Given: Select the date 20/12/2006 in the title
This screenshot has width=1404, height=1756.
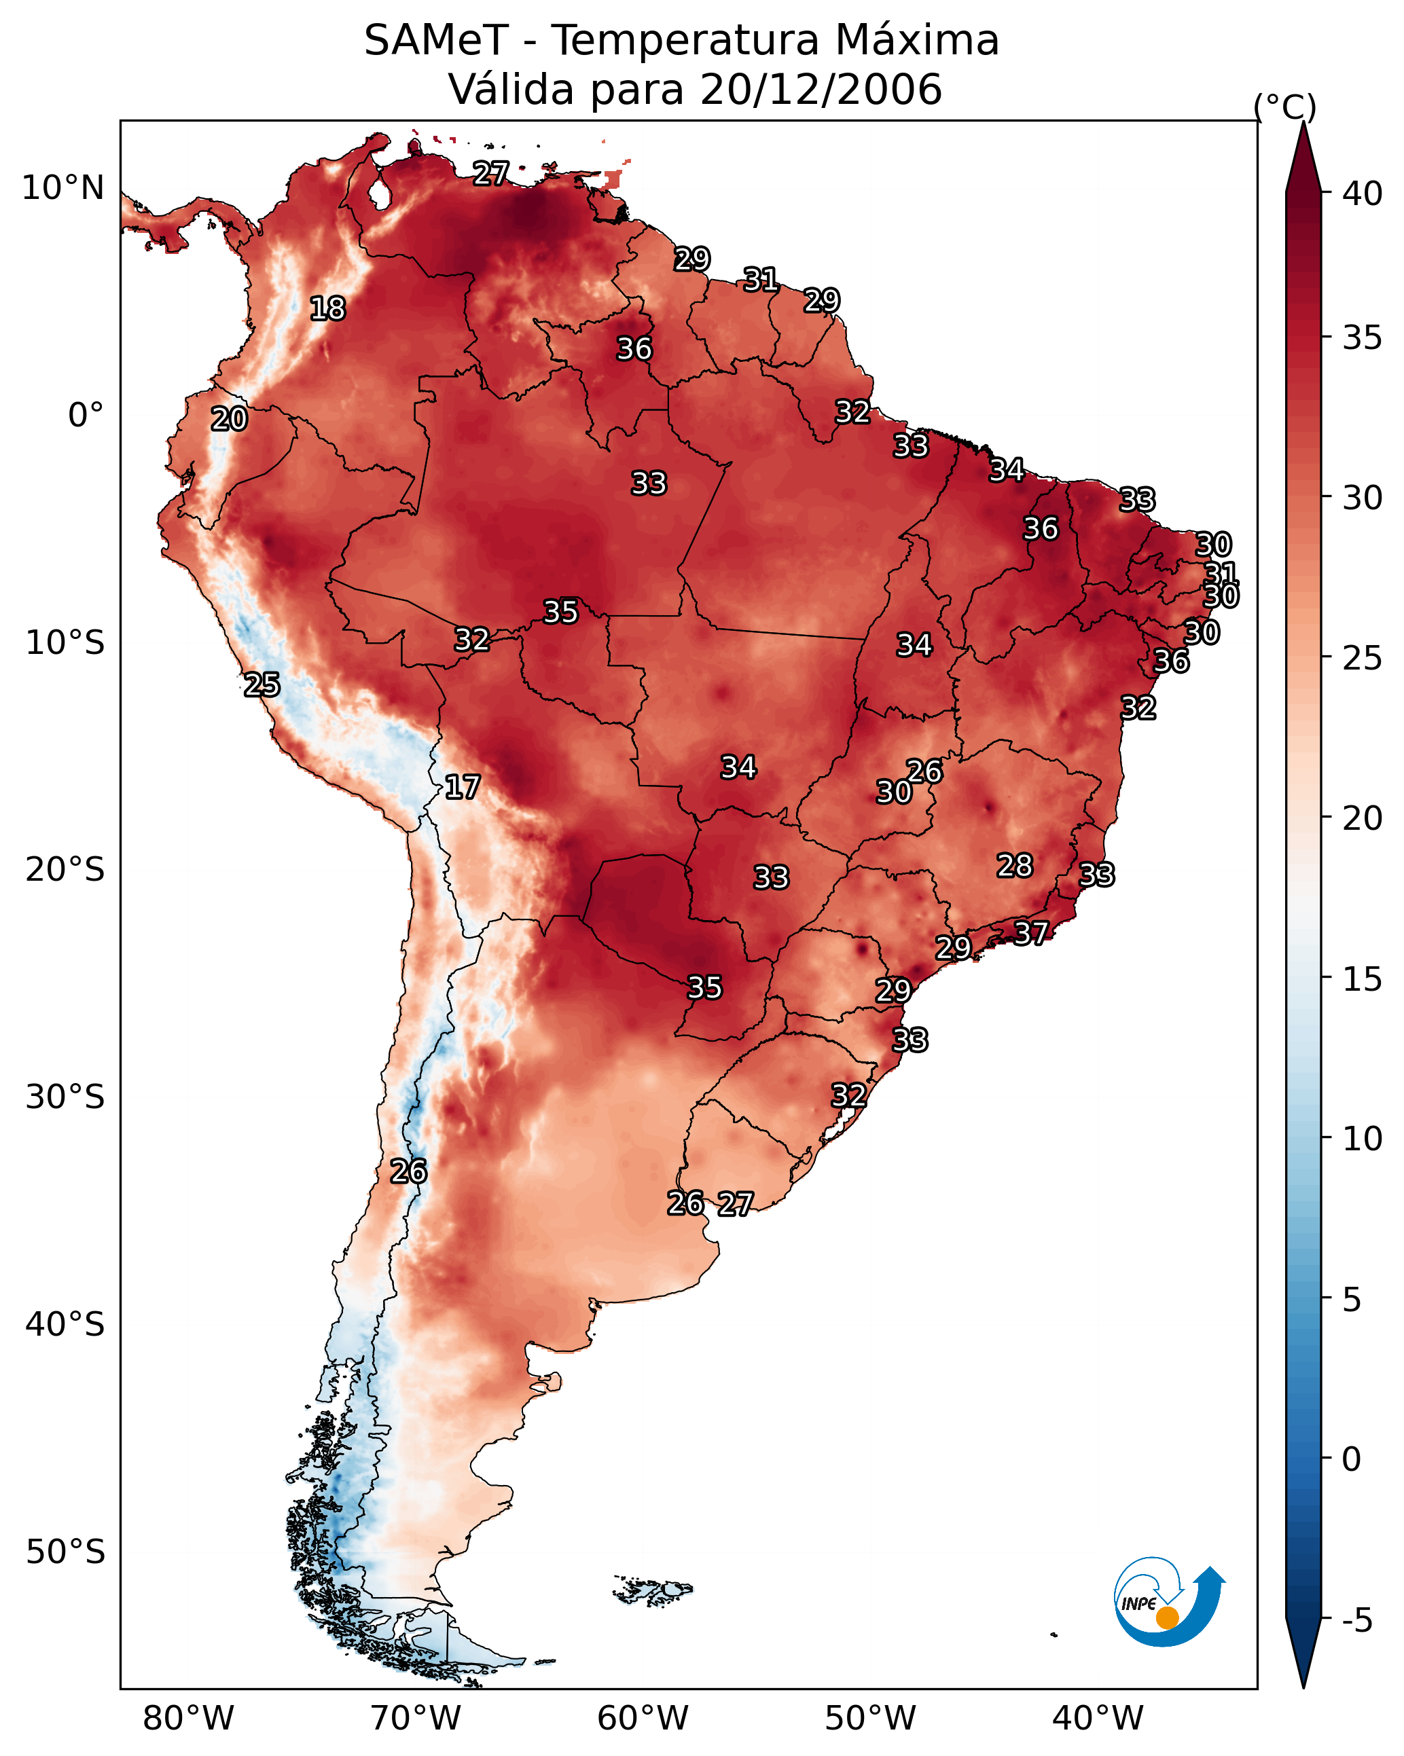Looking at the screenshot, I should pos(821,90).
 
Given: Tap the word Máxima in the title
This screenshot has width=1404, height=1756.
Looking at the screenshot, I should pos(917,41).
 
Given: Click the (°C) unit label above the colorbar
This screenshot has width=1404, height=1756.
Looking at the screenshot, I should pos(1284,107).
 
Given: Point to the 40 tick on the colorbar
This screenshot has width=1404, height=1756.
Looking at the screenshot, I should pos(1363,194).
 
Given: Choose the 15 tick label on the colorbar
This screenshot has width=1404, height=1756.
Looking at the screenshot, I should pos(1363,979).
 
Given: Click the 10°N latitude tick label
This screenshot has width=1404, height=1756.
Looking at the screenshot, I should pos(62,188).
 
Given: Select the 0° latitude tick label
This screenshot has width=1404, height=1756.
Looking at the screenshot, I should pos(86,416).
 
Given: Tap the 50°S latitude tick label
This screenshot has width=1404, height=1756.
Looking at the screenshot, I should pos(65,1552).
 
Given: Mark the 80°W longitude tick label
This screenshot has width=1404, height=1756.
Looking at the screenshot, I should pos(188,1719).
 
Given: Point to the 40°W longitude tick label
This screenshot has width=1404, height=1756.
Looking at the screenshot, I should pos(1098,1719).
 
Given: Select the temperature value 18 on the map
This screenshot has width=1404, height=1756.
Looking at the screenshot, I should pos(327,309).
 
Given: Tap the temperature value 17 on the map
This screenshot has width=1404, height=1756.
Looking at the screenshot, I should pos(462,788).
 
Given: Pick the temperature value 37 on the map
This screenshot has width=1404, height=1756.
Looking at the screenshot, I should pos(1031,932).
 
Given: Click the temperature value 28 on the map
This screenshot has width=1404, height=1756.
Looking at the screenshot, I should pos(1015,866).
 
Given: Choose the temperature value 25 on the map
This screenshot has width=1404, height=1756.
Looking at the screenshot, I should pos(262,685).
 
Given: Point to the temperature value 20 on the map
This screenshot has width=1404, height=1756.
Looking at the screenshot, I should pos(229,420).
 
